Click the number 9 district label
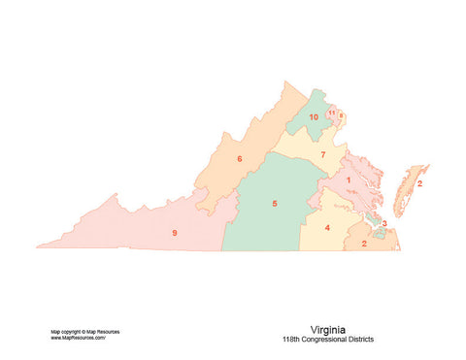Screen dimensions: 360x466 point(174,233)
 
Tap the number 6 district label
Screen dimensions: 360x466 point(239,158)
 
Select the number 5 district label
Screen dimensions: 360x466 point(275,204)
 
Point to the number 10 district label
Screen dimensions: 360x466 point(314,117)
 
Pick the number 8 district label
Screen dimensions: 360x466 point(340,115)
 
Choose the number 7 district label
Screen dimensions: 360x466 point(322,155)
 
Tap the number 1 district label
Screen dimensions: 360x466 point(348,180)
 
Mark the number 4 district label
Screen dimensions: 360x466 point(327,228)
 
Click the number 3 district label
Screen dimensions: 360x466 point(383,223)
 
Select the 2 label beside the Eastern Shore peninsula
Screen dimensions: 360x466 point(419,182)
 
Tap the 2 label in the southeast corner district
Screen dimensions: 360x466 point(364,243)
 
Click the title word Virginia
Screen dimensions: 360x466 point(328,330)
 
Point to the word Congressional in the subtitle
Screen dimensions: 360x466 point(330,340)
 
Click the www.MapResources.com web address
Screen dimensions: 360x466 point(79,338)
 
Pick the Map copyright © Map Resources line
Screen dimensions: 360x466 point(84,331)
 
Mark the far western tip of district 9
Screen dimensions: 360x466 point(39,246)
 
